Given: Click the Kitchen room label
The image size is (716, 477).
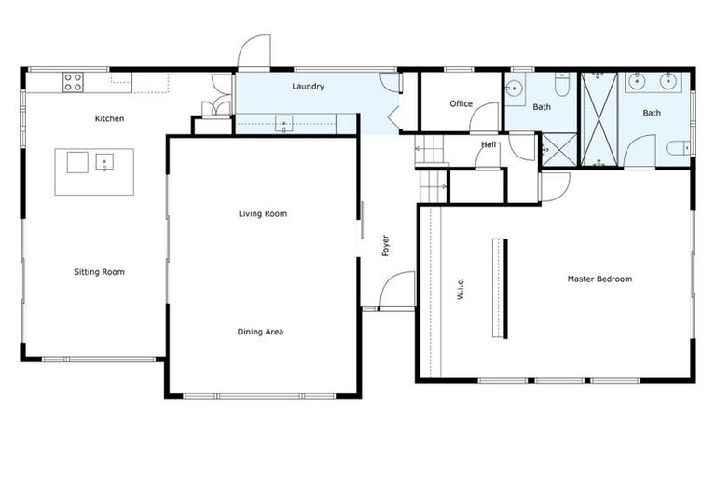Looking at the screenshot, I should click(109, 118).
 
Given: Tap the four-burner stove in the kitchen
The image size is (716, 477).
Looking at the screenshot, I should click(73, 82).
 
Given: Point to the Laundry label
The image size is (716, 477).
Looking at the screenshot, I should click(308, 87).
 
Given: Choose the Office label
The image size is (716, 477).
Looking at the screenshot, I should click(461, 103).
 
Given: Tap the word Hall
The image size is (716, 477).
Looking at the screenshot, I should click(489, 144).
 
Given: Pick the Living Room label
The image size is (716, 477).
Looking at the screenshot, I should click(262, 213).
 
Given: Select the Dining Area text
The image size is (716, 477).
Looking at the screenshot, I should click(261, 332).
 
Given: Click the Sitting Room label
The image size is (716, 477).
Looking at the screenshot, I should click(99, 272).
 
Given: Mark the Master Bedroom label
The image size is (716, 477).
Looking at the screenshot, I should click(599, 279).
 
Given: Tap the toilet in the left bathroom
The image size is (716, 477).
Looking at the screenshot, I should click(562, 86).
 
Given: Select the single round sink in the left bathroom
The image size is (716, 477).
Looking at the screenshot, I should click(516, 90).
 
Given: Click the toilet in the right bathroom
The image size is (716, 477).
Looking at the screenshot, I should click(680, 146).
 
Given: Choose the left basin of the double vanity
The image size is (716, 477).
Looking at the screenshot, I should click(638, 82).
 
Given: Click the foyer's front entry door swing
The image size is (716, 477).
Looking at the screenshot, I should click(397, 288).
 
